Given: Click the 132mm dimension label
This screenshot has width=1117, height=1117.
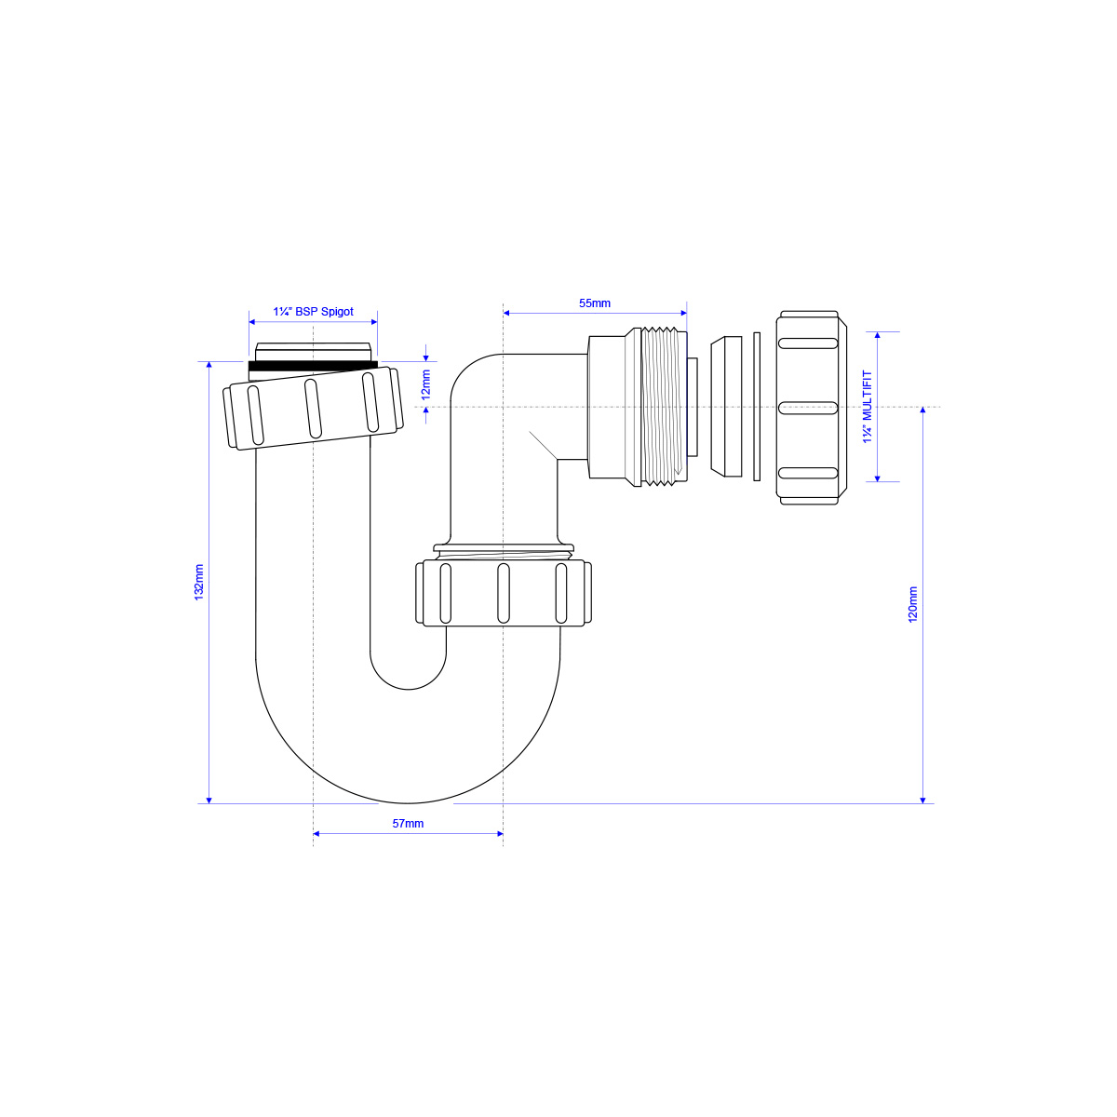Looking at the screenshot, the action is [199, 582].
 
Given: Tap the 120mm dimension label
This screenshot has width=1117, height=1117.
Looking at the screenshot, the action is [913, 605].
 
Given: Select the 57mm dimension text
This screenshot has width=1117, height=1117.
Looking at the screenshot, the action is [408, 824].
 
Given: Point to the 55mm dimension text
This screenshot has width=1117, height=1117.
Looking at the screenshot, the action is [595, 303].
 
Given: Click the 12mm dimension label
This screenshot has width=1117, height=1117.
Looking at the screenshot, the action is [426, 384].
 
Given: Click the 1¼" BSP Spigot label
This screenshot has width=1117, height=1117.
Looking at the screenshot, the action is [313, 312].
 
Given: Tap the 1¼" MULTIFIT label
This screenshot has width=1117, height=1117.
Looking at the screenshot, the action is [868, 407].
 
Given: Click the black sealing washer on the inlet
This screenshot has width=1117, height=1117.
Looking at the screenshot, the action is [313, 365].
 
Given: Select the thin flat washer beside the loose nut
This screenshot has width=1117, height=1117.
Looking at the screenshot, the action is [757, 407].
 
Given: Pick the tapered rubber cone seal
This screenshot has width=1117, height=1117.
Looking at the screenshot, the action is [726, 407].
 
